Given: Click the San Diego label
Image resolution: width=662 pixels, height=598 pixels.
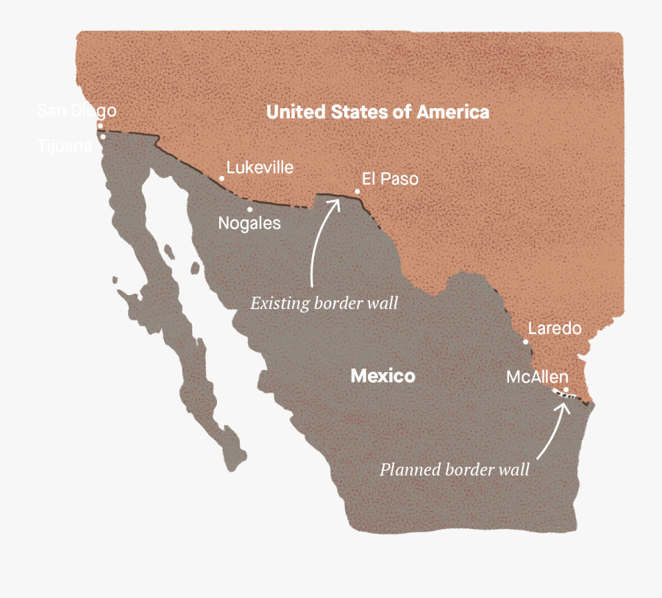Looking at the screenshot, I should (76, 111).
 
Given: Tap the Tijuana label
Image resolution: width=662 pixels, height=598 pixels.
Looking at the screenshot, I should (65, 146).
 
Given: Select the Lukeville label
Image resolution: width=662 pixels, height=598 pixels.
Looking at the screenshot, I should (260, 168).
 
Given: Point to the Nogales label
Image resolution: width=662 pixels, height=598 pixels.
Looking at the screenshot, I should (249, 223).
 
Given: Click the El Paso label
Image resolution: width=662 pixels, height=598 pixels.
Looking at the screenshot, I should (390, 179).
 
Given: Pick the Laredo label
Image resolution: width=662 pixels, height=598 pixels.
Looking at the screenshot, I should (555, 328).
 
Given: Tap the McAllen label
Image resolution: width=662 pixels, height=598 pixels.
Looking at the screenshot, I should (537, 377).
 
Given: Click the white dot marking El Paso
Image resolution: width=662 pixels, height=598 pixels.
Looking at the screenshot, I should (357, 192).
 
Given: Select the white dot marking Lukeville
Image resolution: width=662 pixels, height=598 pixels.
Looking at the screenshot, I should (222, 178).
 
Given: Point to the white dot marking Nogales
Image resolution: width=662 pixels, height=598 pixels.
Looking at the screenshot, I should (249, 210).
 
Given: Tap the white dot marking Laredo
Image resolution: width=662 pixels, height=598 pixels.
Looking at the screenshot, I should (526, 342).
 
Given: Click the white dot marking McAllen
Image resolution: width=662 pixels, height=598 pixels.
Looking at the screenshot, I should (566, 390).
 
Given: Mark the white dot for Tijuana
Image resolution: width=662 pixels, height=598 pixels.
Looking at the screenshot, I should (103, 136).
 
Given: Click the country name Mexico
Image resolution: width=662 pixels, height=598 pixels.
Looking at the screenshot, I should (382, 377).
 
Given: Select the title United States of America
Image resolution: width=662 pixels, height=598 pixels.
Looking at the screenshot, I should (377, 112).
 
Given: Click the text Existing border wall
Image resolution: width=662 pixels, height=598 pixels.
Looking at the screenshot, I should (324, 303).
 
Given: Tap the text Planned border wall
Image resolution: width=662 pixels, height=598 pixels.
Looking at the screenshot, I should (454, 470).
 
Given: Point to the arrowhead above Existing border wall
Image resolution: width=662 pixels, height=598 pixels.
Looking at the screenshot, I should (335, 200).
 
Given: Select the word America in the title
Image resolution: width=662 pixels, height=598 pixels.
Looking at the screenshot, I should (453, 112).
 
